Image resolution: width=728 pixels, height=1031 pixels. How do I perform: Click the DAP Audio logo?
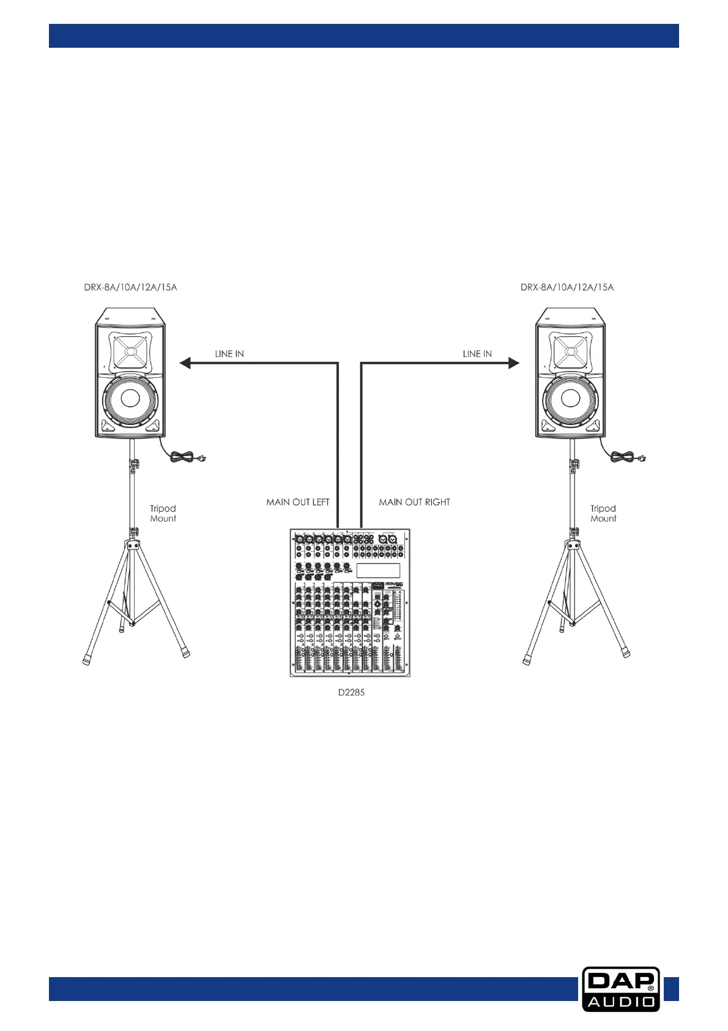click(x=620, y=989)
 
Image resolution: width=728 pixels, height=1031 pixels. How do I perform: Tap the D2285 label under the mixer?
click(x=352, y=692)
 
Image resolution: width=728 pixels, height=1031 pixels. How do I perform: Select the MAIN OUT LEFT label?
click(x=298, y=502)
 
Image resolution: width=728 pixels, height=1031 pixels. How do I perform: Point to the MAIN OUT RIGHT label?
click(x=414, y=502)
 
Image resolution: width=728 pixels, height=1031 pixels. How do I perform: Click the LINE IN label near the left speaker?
click(x=229, y=354)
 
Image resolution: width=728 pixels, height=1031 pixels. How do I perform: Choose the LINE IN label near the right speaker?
click(x=477, y=354)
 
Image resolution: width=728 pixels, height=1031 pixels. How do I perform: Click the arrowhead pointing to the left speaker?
click(x=185, y=363)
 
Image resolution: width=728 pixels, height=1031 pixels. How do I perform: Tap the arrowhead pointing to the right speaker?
click(x=513, y=363)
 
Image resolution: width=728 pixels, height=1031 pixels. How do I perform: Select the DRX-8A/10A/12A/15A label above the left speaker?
click(x=130, y=287)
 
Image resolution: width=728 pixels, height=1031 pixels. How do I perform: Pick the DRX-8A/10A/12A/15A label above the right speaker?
click(x=567, y=287)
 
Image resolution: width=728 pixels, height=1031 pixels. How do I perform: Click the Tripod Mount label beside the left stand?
click(x=163, y=513)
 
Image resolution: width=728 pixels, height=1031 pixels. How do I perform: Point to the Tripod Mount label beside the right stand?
click(x=603, y=513)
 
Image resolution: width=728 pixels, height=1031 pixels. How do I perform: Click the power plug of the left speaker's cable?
click(x=199, y=457)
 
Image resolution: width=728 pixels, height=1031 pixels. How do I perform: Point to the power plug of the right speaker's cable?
click(x=640, y=457)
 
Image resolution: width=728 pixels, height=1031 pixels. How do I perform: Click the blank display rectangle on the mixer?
click(x=378, y=571)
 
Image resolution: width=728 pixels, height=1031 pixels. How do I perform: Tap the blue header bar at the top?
click(x=364, y=36)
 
